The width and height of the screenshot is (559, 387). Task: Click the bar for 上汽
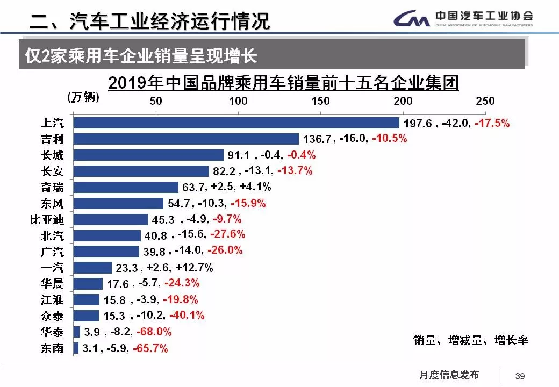click(x=236, y=123)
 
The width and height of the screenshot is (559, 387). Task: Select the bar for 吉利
click(x=186, y=139)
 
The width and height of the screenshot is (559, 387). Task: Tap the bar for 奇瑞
click(x=126, y=187)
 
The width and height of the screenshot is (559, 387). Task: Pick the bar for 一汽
click(x=92, y=268)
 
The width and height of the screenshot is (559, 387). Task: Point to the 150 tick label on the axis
click(x=320, y=101)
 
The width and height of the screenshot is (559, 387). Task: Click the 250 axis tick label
click(x=485, y=101)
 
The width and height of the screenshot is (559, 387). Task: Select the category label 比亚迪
click(x=47, y=220)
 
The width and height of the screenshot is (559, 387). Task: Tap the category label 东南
click(x=52, y=348)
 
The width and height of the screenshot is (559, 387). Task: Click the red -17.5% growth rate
click(x=491, y=123)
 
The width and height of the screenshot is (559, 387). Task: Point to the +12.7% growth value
click(x=195, y=268)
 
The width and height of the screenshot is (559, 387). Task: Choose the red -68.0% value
click(x=154, y=332)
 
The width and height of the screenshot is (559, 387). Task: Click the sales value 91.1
click(x=239, y=155)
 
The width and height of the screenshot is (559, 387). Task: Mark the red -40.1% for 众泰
click(x=187, y=316)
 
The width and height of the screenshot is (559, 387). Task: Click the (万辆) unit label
click(x=83, y=97)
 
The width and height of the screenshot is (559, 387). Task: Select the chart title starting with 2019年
click(x=283, y=84)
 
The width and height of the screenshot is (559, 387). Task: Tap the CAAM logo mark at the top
click(x=412, y=20)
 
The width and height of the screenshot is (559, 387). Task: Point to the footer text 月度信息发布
click(x=449, y=375)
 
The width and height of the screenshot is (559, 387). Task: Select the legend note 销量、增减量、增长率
click(x=471, y=340)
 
